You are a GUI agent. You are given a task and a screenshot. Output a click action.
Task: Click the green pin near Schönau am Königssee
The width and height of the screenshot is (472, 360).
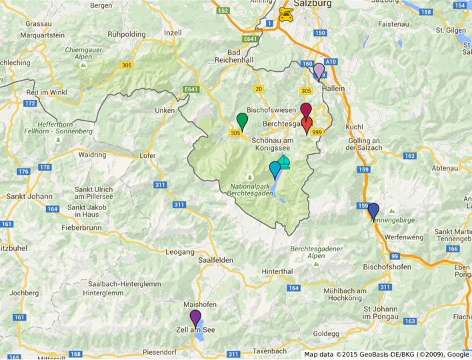tap(242, 121)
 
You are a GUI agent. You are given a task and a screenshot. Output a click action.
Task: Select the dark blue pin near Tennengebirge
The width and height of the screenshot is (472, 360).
tap(373, 210)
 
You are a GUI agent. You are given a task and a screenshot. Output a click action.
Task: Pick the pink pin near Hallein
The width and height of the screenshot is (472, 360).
tap(319, 70)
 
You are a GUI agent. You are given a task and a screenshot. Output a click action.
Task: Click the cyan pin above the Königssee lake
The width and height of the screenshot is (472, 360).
tap(275, 169)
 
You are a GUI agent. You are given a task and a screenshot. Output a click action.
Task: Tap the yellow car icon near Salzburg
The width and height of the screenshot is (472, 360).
tap(285, 15)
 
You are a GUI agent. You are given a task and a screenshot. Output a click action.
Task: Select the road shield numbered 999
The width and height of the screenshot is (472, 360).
tap(317, 133)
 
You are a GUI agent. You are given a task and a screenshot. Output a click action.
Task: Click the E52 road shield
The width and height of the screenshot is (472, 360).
tap(223, 10)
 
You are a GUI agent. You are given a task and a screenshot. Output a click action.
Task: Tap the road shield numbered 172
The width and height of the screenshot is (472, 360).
tap(30, 104)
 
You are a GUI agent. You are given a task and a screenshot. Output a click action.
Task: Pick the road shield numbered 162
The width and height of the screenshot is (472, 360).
tap(410, 156)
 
